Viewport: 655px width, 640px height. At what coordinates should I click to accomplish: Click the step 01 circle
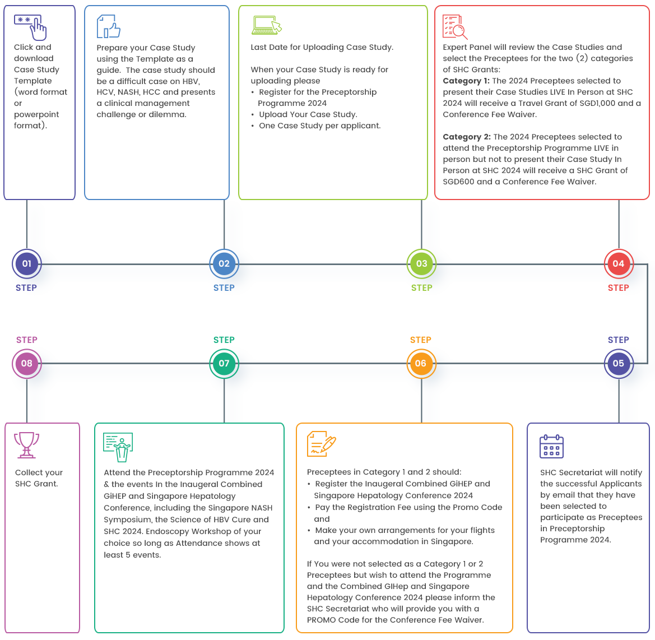(27, 263)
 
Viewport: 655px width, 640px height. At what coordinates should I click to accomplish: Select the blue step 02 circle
(224, 263)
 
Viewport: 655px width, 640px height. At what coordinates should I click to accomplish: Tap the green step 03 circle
(421, 263)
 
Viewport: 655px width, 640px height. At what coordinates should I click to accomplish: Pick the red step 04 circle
(618, 263)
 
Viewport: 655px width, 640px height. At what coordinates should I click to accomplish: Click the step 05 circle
(618, 363)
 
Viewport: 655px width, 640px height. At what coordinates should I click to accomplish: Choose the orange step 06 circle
(421, 363)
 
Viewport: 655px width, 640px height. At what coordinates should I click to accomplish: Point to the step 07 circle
(224, 363)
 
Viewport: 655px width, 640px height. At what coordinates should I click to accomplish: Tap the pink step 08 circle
(27, 363)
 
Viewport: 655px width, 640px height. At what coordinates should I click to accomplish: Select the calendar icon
(551, 446)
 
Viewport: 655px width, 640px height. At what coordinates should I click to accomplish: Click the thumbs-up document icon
(109, 26)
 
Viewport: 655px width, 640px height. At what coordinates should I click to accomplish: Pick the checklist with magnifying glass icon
(454, 27)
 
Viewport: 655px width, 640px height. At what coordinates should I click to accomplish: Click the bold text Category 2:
(467, 137)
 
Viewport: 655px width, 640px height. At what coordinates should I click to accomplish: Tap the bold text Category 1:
(466, 81)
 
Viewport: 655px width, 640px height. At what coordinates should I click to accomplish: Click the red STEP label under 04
(619, 288)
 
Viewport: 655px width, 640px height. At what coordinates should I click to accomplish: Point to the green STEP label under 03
(422, 288)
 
